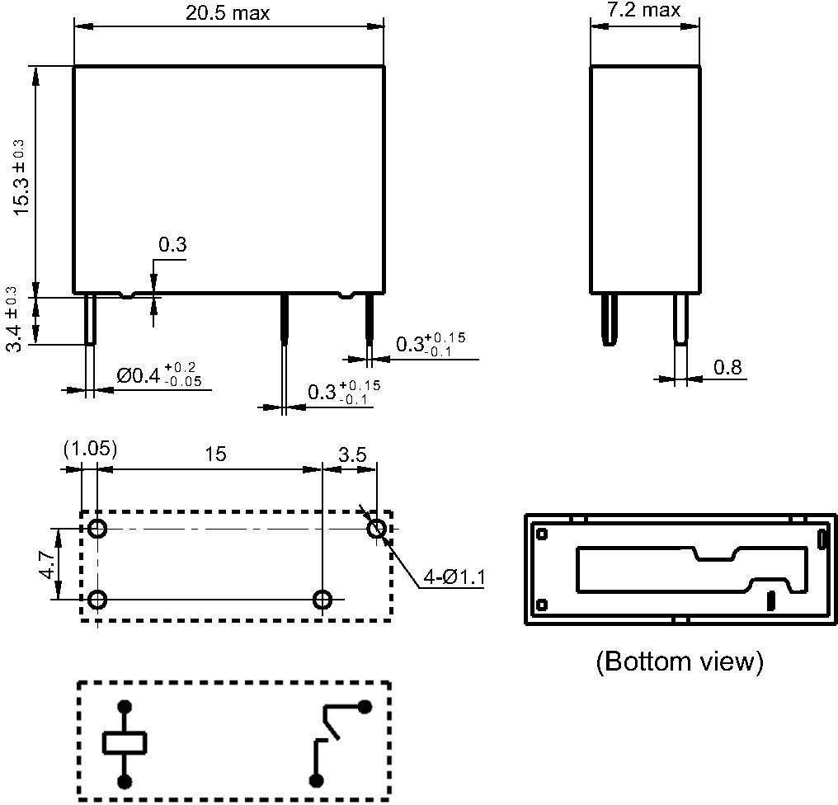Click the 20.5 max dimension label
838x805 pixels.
click(228, 12)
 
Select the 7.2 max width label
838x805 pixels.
click(643, 9)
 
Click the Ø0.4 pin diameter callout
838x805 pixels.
click(159, 374)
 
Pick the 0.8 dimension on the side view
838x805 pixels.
click(727, 367)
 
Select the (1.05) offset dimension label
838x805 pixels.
click(90, 449)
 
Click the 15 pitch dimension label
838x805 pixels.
click(215, 454)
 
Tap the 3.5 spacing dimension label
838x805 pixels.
click(352, 454)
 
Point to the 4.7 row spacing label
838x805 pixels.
click(48, 564)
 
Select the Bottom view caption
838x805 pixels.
click(680, 661)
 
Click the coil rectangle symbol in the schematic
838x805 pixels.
click(125, 743)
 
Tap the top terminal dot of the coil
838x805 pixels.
click(125, 707)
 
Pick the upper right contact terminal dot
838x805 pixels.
click(365, 707)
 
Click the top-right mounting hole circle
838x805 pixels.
click(377, 530)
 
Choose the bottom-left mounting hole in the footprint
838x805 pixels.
click(97, 600)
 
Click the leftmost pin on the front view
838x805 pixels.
click(91, 319)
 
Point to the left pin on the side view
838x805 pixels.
click(608, 320)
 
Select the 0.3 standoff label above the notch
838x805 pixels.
click(172, 244)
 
